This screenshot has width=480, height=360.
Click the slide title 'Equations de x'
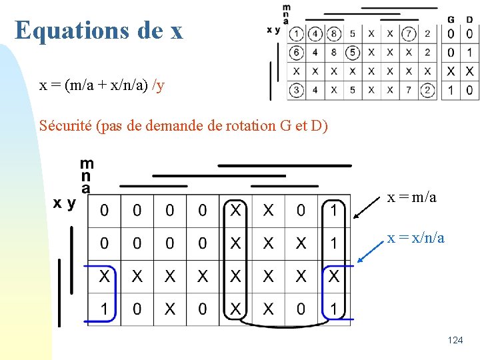pos(99,30)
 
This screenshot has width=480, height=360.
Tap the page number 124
pos(455,341)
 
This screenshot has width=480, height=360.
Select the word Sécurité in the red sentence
pos(65,125)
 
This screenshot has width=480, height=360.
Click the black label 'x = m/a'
pos(412,197)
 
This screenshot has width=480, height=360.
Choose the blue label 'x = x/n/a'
pos(416,237)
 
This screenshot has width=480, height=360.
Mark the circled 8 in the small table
pos(334,33)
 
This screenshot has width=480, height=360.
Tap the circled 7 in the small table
pos(409,33)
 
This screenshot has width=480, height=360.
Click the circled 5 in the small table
pos(353,52)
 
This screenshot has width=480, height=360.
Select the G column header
pos(451,19)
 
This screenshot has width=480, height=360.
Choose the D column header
pos(470,19)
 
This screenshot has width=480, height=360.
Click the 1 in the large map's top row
pos(333,211)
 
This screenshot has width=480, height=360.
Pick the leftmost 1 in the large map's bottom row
pos(104,309)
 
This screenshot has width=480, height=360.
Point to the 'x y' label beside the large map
pos(65,203)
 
